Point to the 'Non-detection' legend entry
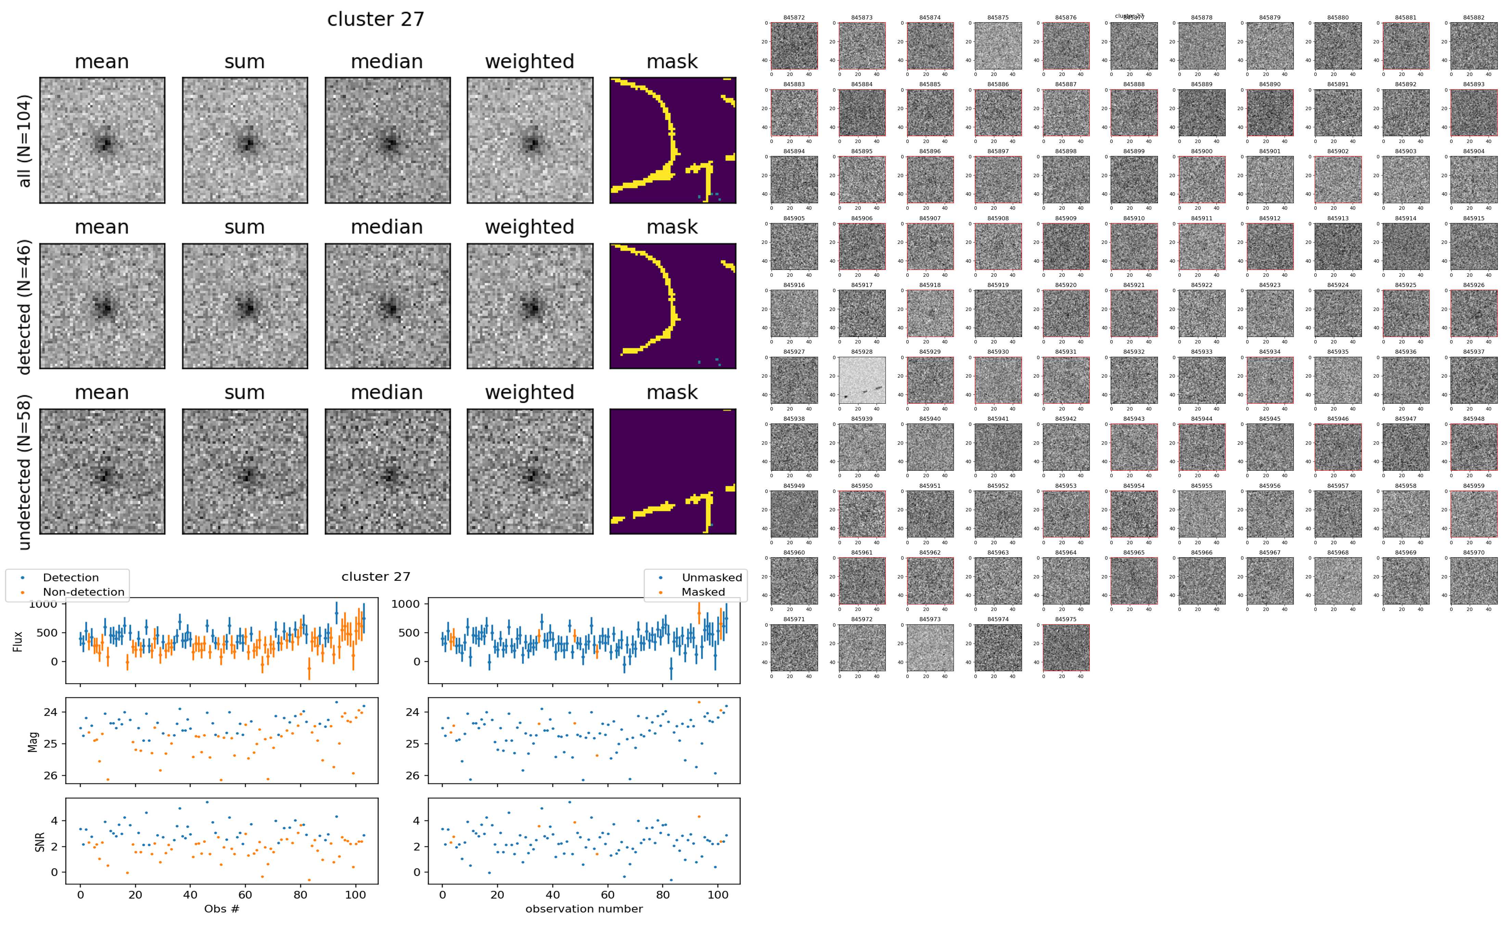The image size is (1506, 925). pos(83,591)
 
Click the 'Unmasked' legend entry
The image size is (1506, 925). pos(712,577)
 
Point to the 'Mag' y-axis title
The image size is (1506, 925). pos(33,741)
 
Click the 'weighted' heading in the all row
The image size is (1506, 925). pos(529,62)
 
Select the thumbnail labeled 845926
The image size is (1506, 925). pos(1473,313)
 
